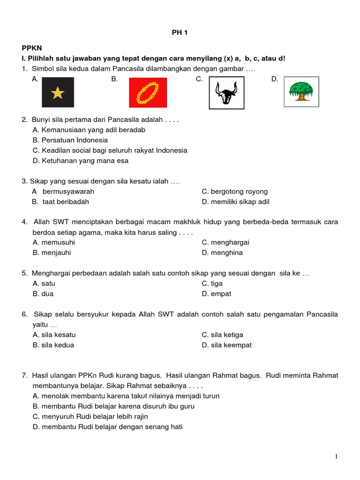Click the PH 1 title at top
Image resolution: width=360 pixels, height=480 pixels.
[x=180, y=32]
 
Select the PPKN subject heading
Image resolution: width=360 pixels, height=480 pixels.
[x=31, y=48]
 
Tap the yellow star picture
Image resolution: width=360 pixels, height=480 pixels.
[x=58, y=92]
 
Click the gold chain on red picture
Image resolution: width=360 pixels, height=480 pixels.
[x=148, y=92]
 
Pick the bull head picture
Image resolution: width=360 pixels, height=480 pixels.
[x=226, y=92]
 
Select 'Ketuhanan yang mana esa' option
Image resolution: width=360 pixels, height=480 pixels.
[x=81, y=161]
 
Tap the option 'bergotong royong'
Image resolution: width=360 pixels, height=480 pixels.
[x=235, y=192]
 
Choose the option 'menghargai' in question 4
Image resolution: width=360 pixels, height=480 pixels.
[x=225, y=242]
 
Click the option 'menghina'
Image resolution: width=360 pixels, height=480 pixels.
[x=222, y=253]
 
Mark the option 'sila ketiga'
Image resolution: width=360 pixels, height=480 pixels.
[x=222, y=335]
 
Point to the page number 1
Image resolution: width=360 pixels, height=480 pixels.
[x=336, y=457]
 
